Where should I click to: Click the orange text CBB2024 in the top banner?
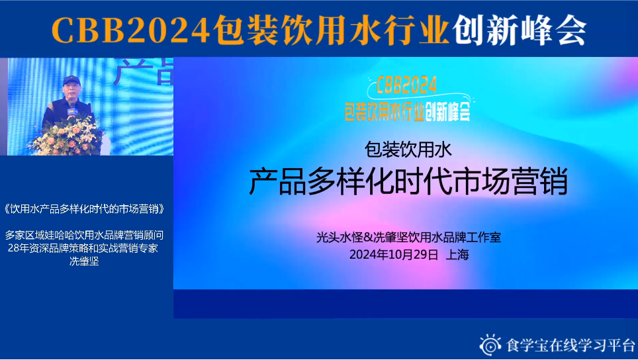pos(130,30)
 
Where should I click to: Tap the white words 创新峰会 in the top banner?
pos(520,30)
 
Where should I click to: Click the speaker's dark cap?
pos(71,80)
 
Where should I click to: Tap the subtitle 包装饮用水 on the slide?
pos(408,150)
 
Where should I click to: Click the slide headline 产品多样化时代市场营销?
pos(408,181)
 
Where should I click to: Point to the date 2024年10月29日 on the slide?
pos(394,255)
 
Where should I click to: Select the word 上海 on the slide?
pos(457,255)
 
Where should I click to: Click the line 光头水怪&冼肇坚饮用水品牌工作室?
pos(408,237)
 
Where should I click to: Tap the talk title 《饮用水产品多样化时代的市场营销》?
pos(84,209)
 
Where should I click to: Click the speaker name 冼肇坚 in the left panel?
pos(84,261)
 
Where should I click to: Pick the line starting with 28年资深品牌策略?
pos(83,248)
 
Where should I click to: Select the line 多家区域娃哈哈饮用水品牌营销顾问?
pos(84,235)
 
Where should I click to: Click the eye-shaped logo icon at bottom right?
pos(490,345)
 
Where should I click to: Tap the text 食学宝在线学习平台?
pos(570,345)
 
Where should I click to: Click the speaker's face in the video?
pos(72,89)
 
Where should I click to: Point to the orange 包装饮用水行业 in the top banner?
pos(331,30)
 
